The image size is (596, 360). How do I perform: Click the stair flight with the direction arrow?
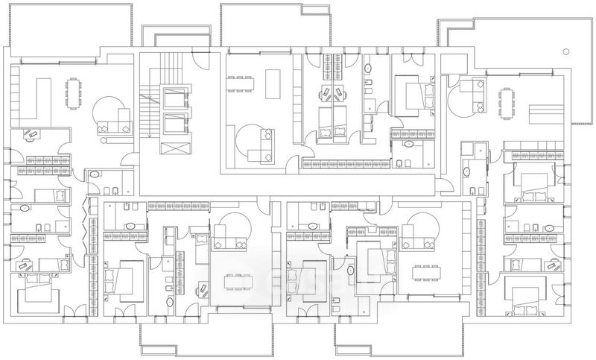(149, 112)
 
